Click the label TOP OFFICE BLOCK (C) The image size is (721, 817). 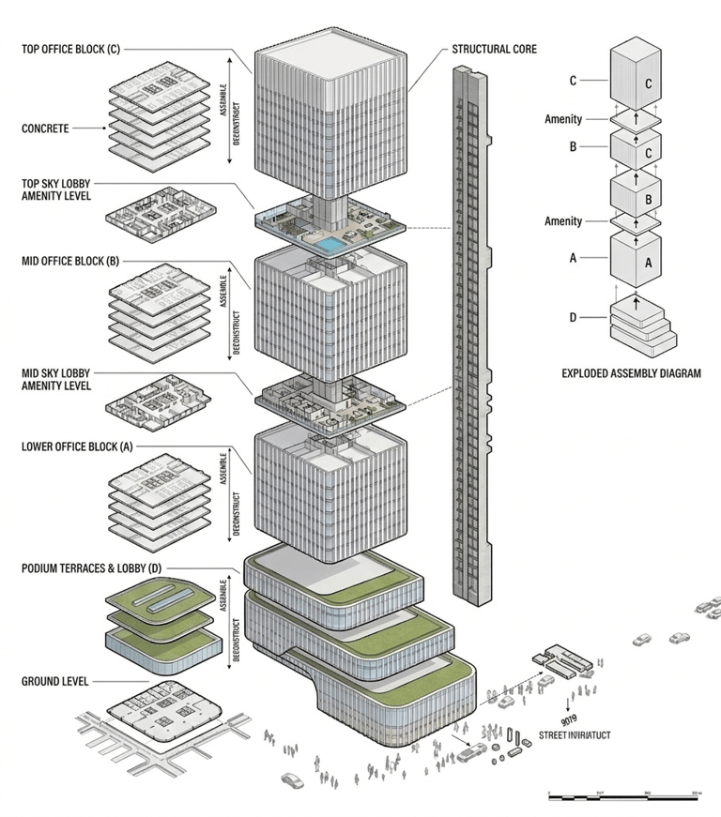[71, 49]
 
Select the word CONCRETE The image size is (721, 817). [45, 129]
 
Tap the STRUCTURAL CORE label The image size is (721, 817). [494, 49]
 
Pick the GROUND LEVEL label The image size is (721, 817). [54, 682]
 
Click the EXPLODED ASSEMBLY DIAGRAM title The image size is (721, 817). [631, 373]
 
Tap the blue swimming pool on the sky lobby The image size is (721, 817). [327, 245]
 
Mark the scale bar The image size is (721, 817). [623, 796]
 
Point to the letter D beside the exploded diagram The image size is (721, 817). [573, 317]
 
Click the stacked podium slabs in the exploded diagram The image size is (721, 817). [642, 322]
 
